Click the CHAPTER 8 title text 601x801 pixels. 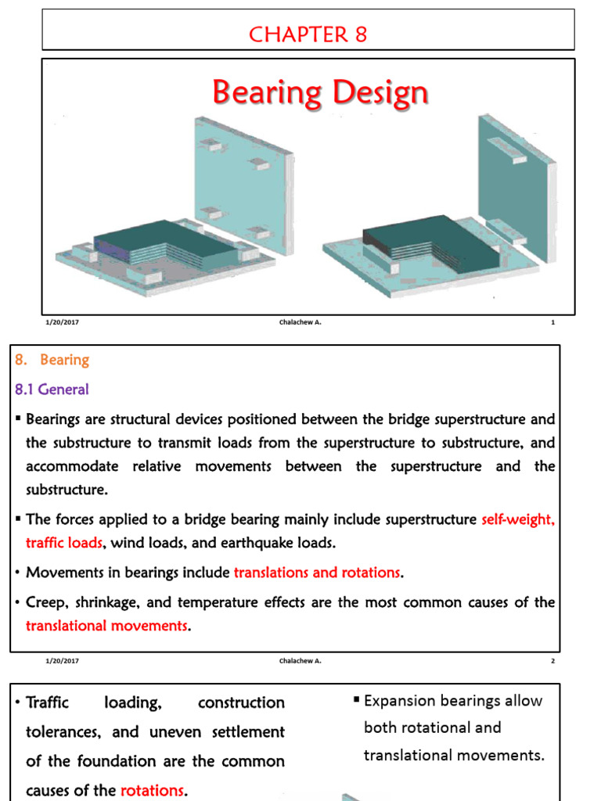[308, 34]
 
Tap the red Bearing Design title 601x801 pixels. [320, 93]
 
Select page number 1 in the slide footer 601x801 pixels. [552, 322]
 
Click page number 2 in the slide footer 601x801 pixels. [552, 661]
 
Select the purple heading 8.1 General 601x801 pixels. [52, 389]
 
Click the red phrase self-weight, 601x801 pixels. [518, 519]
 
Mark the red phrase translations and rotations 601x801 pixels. [317, 573]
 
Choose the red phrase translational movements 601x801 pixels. [107, 626]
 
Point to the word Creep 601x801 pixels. [45, 602]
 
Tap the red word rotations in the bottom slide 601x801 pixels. [152, 790]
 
